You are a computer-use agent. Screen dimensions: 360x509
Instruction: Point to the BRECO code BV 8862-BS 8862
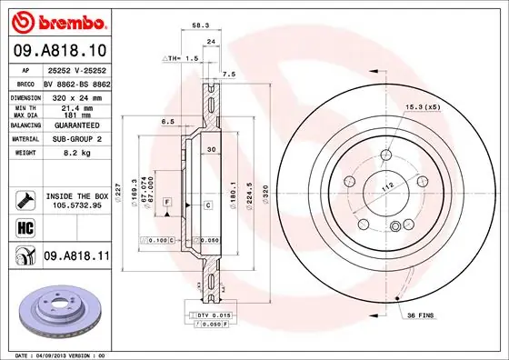[x=75, y=82]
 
